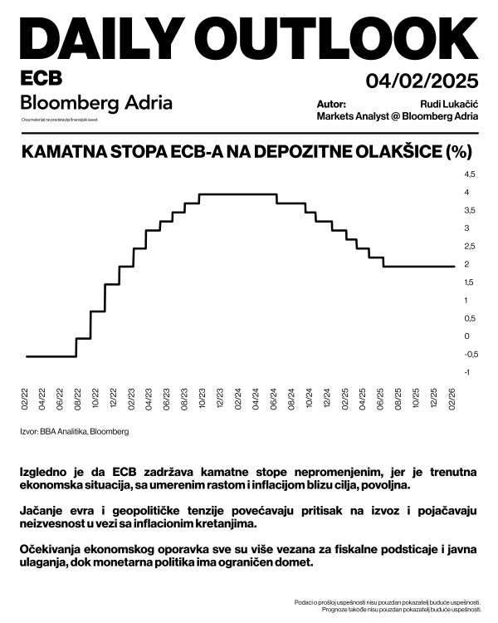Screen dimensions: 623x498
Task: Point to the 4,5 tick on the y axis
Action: tap(470, 174)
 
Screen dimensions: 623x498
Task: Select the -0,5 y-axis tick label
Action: tap(470, 355)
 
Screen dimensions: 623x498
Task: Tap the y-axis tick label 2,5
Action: tap(470, 247)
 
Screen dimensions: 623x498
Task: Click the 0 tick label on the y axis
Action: tap(467, 336)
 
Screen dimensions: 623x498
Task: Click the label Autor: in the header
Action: tap(331, 105)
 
